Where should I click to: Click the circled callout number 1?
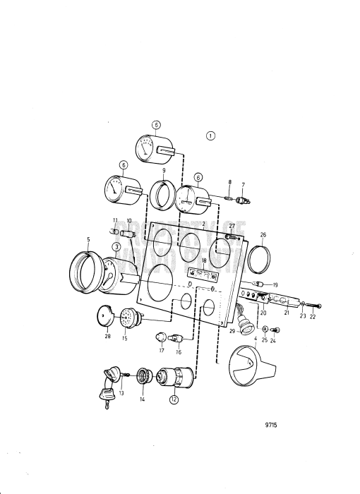210,135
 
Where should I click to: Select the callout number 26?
263,235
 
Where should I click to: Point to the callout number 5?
88,240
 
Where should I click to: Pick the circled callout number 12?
174,399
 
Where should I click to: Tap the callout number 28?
107,337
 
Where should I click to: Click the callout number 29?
231,331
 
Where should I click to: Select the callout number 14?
142,399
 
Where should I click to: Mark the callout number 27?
232,225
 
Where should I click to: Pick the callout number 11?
114,221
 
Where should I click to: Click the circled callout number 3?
114,246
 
